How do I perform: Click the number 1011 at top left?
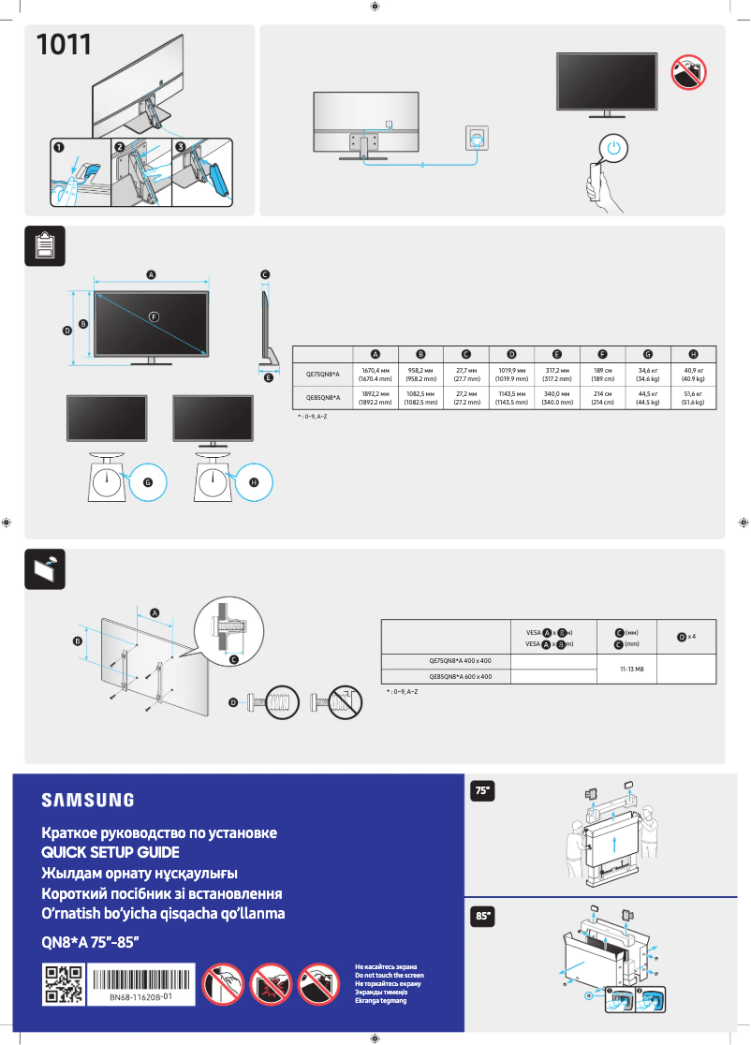click(x=63, y=44)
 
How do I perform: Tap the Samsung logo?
click(x=87, y=801)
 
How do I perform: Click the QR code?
click(x=64, y=985)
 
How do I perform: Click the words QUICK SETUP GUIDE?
click(x=110, y=853)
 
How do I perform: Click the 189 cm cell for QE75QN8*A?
click(x=602, y=375)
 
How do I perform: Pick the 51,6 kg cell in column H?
click(x=693, y=398)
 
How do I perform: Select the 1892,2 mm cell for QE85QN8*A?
click(x=375, y=398)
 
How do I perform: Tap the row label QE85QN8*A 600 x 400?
click(x=460, y=676)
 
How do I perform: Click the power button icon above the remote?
click(x=611, y=148)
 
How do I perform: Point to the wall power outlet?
click(x=478, y=138)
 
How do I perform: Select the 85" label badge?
click(x=483, y=917)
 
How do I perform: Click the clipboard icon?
click(x=44, y=245)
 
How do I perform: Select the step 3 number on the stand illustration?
click(x=181, y=147)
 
